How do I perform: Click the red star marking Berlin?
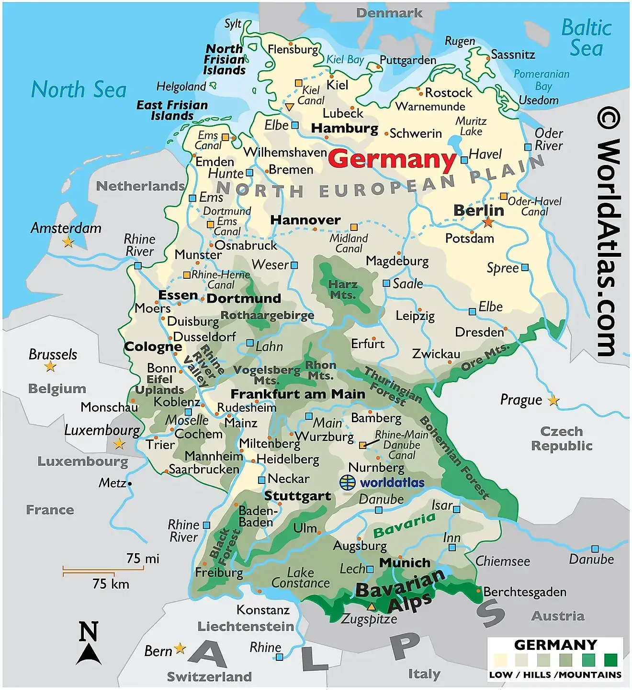(x=488, y=222)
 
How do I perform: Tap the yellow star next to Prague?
(x=553, y=400)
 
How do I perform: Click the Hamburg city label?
(x=345, y=128)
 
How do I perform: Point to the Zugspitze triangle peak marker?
(x=371, y=607)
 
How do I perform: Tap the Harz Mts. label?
(x=343, y=290)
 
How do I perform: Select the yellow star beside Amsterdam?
(x=68, y=242)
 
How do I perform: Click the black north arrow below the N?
(x=89, y=655)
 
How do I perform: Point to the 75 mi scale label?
(x=143, y=559)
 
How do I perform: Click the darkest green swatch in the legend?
(x=610, y=660)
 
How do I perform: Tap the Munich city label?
(x=405, y=563)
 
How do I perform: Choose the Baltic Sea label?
(x=586, y=38)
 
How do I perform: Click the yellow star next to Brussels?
(x=50, y=367)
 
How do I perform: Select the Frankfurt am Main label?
(x=298, y=394)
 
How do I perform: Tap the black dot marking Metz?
(x=130, y=484)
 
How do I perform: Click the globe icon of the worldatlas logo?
(x=348, y=482)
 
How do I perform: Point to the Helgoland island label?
(x=181, y=87)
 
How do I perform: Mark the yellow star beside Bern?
(x=180, y=648)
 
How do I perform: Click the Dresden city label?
(x=479, y=332)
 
